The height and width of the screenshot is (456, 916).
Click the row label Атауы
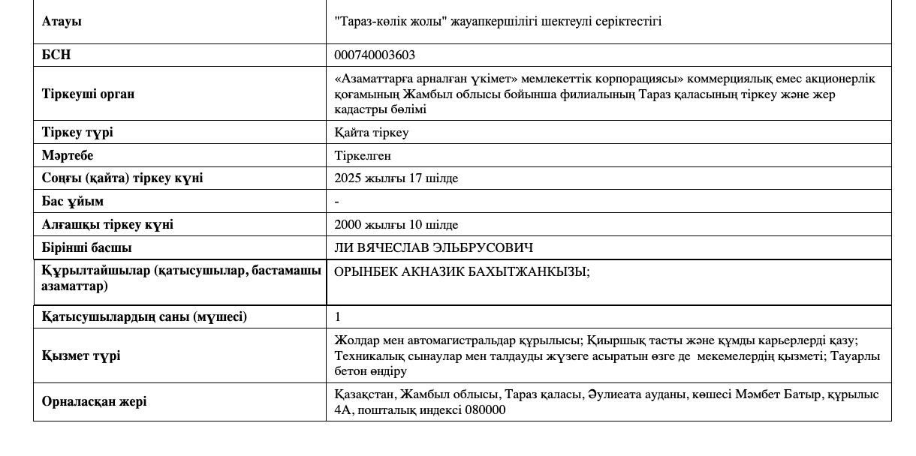(62, 21)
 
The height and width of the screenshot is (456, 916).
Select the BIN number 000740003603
(375, 55)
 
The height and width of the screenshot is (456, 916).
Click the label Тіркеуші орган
(89, 94)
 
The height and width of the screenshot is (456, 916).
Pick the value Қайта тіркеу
(372, 133)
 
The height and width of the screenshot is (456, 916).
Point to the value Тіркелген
(363, 155)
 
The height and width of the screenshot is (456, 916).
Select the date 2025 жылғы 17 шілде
(396, 178)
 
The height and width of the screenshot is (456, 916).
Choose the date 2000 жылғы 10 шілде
(396, 224)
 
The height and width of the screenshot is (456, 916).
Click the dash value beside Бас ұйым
(337, 201)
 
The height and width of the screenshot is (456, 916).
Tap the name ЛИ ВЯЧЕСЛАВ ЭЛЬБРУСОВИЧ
(434, 247)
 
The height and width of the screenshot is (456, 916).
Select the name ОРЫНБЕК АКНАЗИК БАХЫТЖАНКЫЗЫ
(463, 272)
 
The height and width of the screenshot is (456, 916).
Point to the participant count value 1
(338, 316)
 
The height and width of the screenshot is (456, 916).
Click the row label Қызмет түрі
(81, 355)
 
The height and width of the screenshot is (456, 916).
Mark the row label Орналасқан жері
(95, 401)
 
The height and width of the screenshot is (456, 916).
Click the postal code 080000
(485, 409)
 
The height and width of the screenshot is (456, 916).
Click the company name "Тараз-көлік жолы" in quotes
(391, 21)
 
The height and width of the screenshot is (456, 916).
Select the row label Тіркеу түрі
(78, 133)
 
